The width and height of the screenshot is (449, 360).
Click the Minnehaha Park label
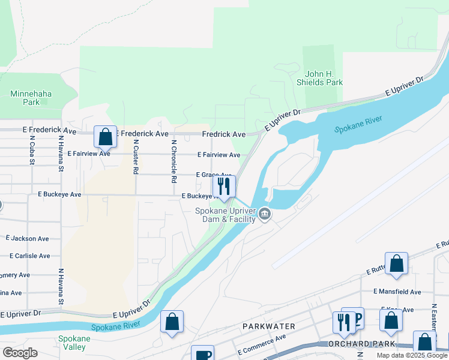coord(25,98)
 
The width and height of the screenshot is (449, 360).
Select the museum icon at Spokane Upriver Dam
coord(264,214)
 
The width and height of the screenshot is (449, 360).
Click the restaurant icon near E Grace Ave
coord(224,187)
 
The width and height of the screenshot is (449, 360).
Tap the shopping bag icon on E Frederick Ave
coord(105,137)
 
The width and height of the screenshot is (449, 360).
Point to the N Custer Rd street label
coord(136,157)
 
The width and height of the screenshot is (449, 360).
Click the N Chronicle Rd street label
coord(174,161)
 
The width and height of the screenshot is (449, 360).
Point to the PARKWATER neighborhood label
coord(268,326)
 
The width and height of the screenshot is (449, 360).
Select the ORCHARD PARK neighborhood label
coord(361,344)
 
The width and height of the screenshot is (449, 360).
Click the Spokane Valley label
coord(74,343)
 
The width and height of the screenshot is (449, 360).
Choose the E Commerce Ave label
coord(261,344)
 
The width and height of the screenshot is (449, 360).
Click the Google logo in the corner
coord(20,353)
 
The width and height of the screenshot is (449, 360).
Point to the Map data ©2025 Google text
coord(412,355)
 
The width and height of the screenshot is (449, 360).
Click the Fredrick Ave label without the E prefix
coord(223,134)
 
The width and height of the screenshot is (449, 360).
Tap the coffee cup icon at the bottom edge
coord(202,354)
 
